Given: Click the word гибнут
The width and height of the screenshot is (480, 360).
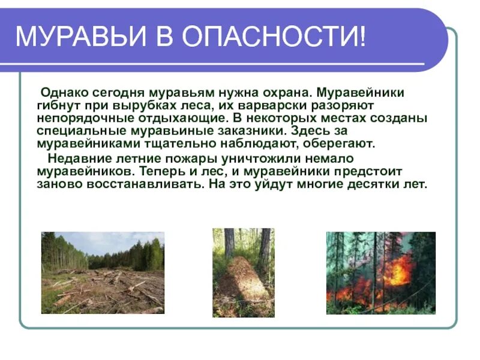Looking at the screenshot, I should pyautogui.click(x=57, y=106).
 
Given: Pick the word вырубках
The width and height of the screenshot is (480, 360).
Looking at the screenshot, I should pyautogui.click(x=136, y=106).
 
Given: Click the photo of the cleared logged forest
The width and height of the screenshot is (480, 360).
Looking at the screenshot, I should pyautogui.click(x=103, y=272).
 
